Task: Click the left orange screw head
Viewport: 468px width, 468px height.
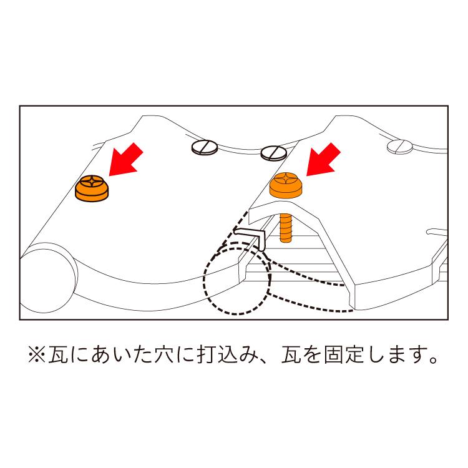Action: [x=92, y=188]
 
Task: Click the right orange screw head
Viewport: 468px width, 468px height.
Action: [x=286, y=185]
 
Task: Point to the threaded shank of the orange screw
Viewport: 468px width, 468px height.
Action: [x=286, y=228]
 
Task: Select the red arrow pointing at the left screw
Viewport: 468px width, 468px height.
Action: [x=125, y=160]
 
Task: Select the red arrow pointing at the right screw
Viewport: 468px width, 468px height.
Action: [x=323, y=159]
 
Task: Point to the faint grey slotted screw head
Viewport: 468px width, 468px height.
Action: [x=399, y=147]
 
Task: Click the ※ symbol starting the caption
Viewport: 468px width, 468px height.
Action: [x=37, y=354]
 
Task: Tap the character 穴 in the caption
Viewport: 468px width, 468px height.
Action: [x=164, y=354]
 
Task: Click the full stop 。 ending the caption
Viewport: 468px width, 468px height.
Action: [x=433, y=359]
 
